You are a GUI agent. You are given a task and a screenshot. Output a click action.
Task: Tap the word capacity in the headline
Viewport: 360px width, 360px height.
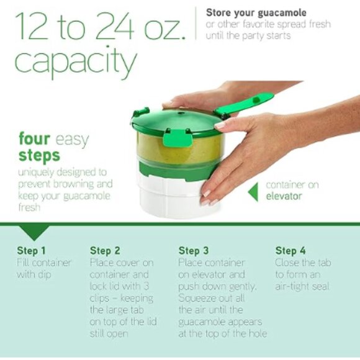tap(74, 62)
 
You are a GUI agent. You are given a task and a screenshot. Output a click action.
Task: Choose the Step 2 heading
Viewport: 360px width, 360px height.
tap(105, 251)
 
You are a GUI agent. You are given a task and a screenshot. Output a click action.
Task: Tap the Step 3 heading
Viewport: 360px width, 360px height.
tap(194, 251)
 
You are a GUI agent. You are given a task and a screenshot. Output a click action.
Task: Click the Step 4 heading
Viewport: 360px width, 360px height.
tap(290, 251)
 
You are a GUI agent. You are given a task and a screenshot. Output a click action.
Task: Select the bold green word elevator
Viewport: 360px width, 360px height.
tap(284, 197)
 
